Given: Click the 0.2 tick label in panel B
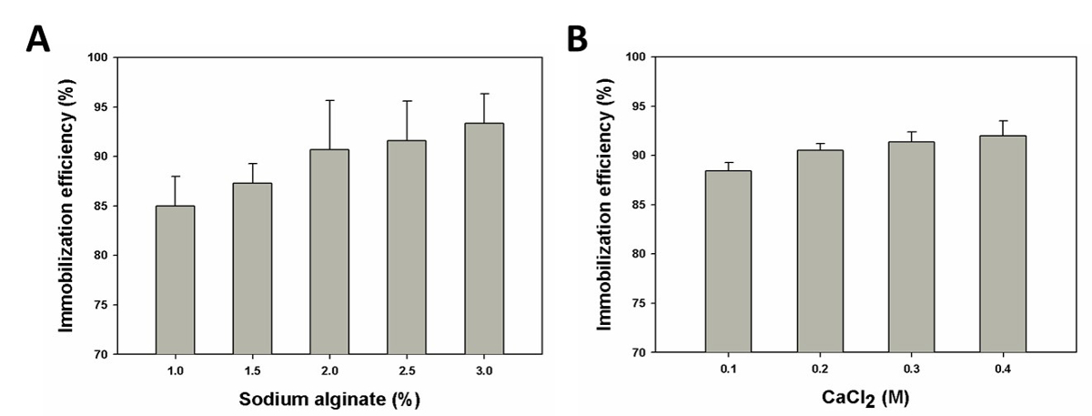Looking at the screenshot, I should point(820,370).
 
